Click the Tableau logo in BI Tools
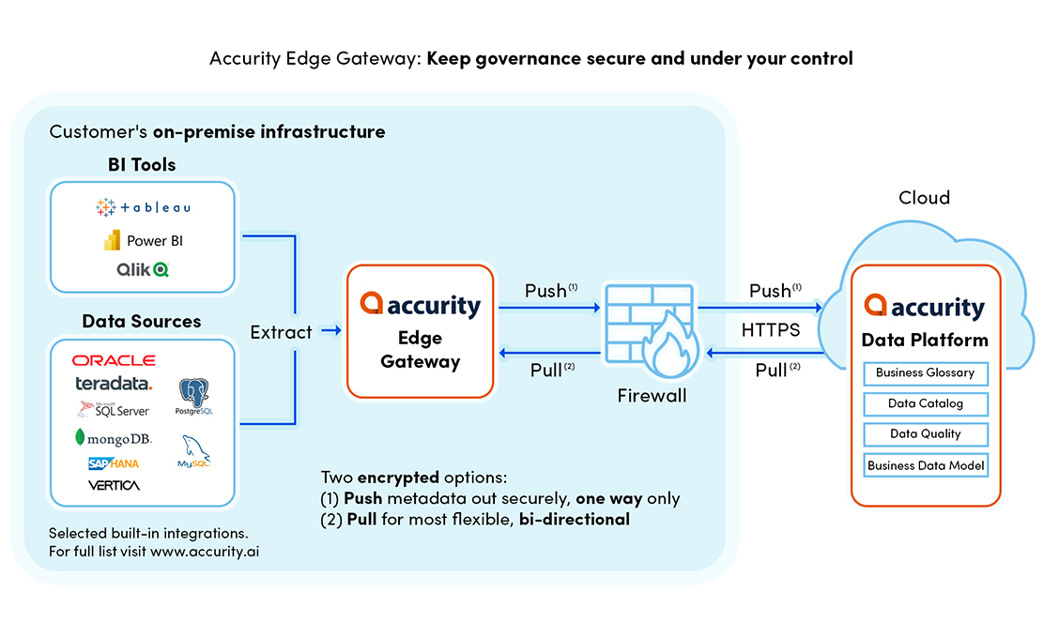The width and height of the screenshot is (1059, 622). [143, 207]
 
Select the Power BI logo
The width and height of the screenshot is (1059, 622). [143, 240]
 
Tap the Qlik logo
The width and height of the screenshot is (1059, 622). [143, 269]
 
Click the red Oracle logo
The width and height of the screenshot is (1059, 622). [114, 360]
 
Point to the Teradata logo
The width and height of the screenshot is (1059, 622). [114, 384]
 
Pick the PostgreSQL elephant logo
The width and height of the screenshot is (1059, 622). [194, 397]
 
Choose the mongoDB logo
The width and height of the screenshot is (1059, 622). [114, 438]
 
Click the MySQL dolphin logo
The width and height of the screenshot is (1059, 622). [194, 451]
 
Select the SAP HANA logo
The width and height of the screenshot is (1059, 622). [114, 463]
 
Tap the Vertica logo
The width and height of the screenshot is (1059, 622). [114, 485]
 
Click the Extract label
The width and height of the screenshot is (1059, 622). [281, 331]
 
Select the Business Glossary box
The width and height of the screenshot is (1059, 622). [925, 373]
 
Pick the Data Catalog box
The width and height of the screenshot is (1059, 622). [925, 404]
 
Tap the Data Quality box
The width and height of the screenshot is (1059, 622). [925, 434]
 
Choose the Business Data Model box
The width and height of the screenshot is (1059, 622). [925, 465]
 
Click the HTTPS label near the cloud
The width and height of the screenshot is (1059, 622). [770, 330]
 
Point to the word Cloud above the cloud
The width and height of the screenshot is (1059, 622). [924, 198]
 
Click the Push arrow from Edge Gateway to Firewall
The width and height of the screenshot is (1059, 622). [549, 307]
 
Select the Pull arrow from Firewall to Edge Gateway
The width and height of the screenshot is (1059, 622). [549, 354]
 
